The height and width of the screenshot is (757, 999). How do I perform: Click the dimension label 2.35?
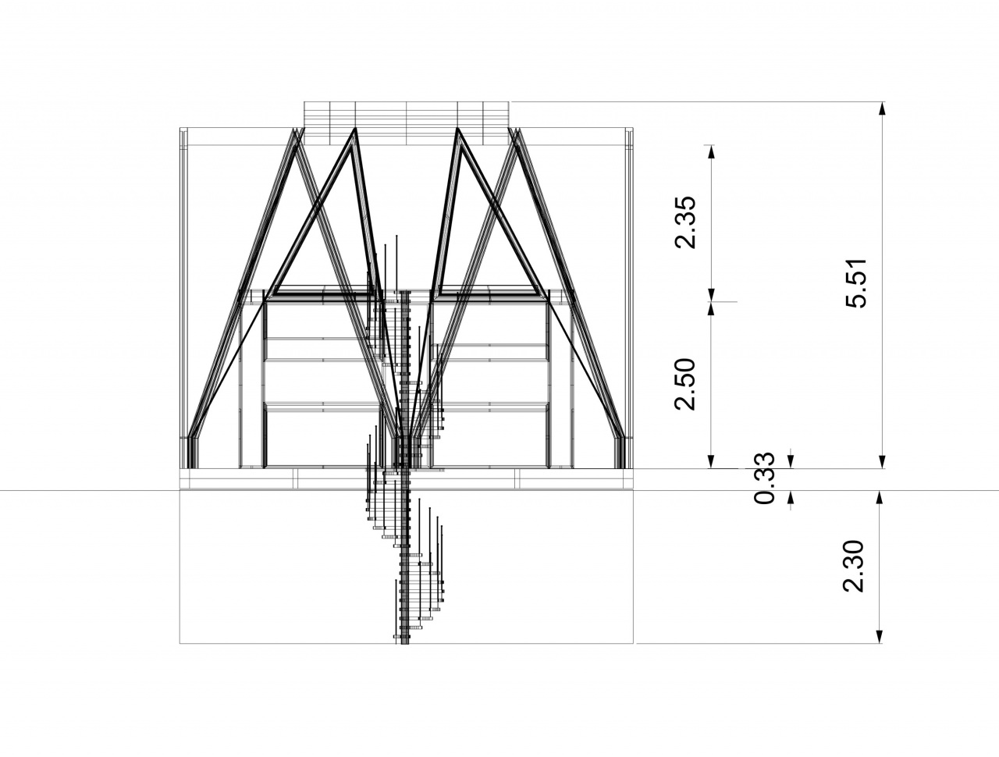(x=685, y=222)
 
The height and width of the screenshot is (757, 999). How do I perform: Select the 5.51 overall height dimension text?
(x=856, y=283)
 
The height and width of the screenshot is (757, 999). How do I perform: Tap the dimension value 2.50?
(x=685, y=385)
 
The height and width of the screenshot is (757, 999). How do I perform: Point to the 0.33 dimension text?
(x=764, y=478)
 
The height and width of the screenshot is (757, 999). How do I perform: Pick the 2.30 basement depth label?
(x=853, y=566)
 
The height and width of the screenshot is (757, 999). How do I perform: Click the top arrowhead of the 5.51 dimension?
(x=882, y=108)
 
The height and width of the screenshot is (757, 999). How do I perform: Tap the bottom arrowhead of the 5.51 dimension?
(x=882, y=461)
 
